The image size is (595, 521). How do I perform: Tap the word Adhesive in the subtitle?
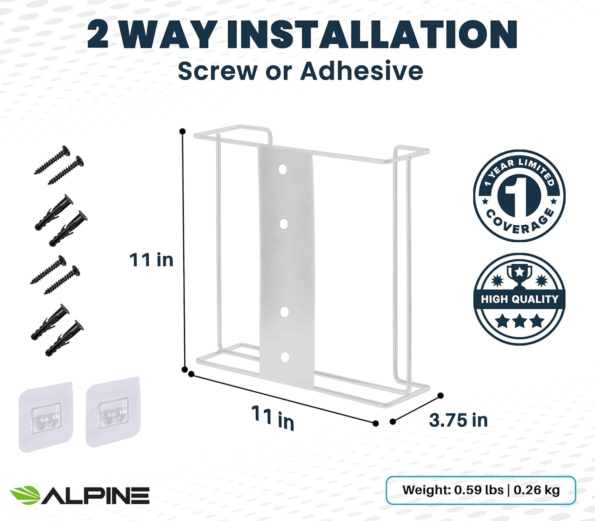click(361, 71)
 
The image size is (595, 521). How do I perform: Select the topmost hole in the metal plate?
click(282, 169)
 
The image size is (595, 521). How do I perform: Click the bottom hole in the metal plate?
click(284, 357)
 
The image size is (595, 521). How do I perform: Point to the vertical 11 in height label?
click(151, 260)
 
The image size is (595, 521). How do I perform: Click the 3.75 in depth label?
click(458, 421)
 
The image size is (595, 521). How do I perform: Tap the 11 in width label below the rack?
click(273, 417)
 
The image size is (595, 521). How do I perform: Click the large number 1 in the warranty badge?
click(519, 195)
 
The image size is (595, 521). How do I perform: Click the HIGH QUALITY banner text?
click(519, 299)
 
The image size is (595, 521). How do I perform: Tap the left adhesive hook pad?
click(46, 416)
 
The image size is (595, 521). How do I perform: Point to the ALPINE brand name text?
click(96, 495)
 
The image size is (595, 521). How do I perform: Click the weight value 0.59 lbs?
click(478, 490)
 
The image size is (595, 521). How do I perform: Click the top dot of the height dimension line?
click(182, 131)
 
